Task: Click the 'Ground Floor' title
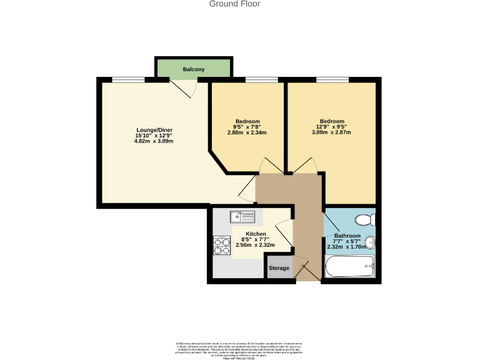click(234, 4)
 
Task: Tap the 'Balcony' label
click(194, 69)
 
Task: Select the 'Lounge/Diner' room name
click(154, 129)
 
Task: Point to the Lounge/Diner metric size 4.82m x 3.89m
click(154, 141)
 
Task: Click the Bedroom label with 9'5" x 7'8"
click(247, 121)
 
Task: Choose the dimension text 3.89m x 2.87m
click(332, 132)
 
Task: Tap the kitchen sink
click(242, 217)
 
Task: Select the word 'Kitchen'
click(256, 234)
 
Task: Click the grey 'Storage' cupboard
click(279, 268)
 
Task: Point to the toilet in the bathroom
click(364, 219)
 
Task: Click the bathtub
click(350, 268)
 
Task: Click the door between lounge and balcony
click(186, 88)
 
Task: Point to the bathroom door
click(327, 225)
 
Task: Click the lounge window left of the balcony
click(128, 79)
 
